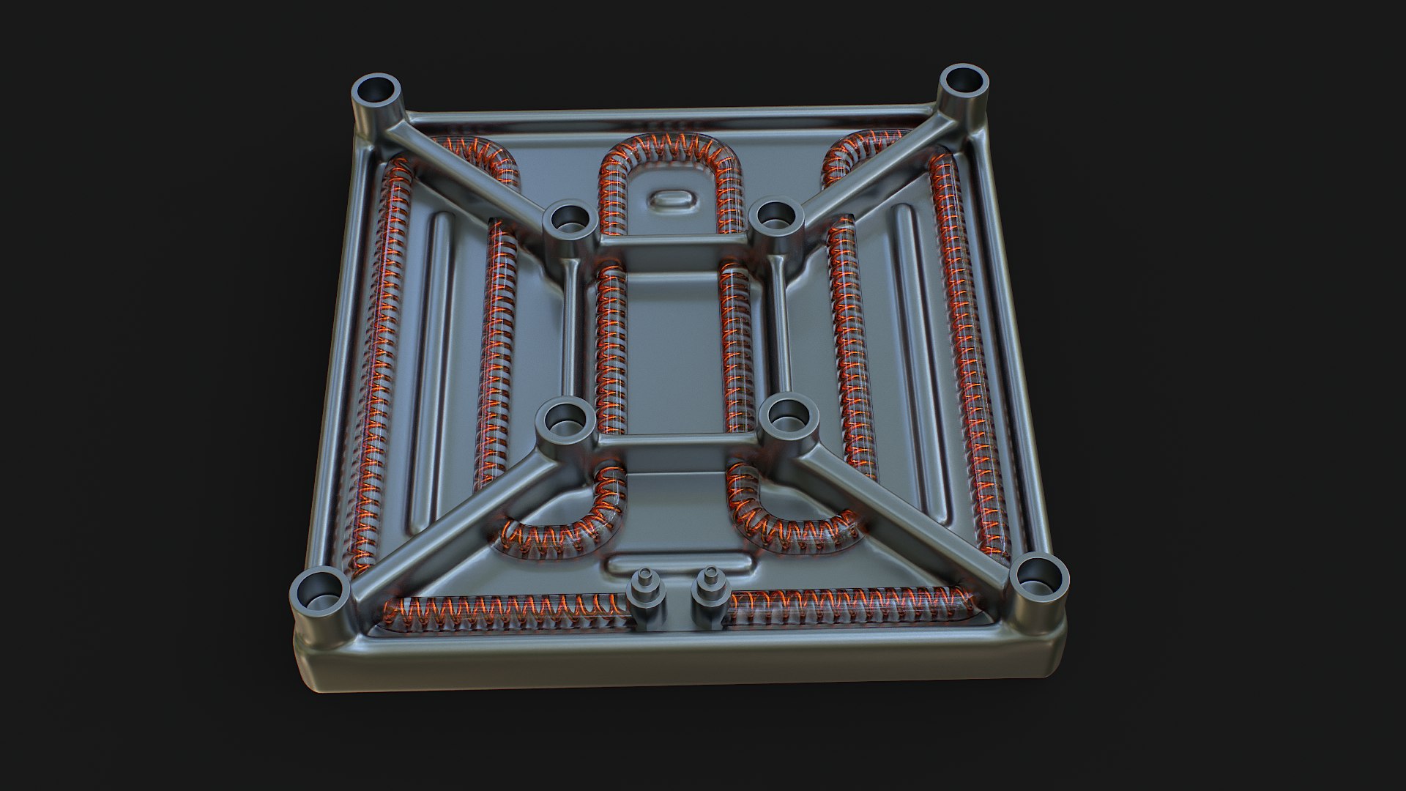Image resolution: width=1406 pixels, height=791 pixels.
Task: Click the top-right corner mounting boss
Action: coord(963,85)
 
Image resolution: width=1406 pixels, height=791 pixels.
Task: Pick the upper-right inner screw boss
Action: coord(775,218)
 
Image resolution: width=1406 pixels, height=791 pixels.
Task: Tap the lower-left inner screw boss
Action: coord(564,420)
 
